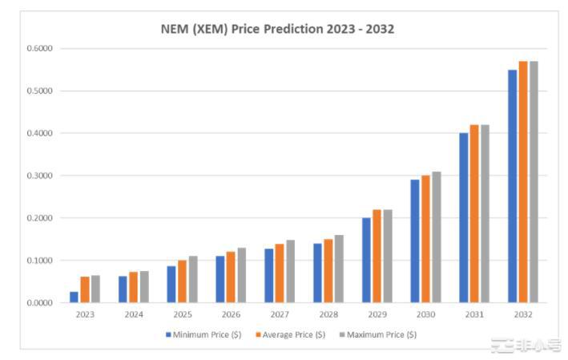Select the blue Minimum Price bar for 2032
(513, 186)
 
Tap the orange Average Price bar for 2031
(474, 213)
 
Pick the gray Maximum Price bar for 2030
(436, 237)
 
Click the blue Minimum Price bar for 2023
(75, 297)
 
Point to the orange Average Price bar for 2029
(377, 256)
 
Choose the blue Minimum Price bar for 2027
(269, 275)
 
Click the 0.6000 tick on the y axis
(39, 48)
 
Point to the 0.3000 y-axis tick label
(39, 176)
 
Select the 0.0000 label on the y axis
(39, 303)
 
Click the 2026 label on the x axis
(231, 315)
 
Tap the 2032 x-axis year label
(522, 315)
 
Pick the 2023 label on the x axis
(85, 315)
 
